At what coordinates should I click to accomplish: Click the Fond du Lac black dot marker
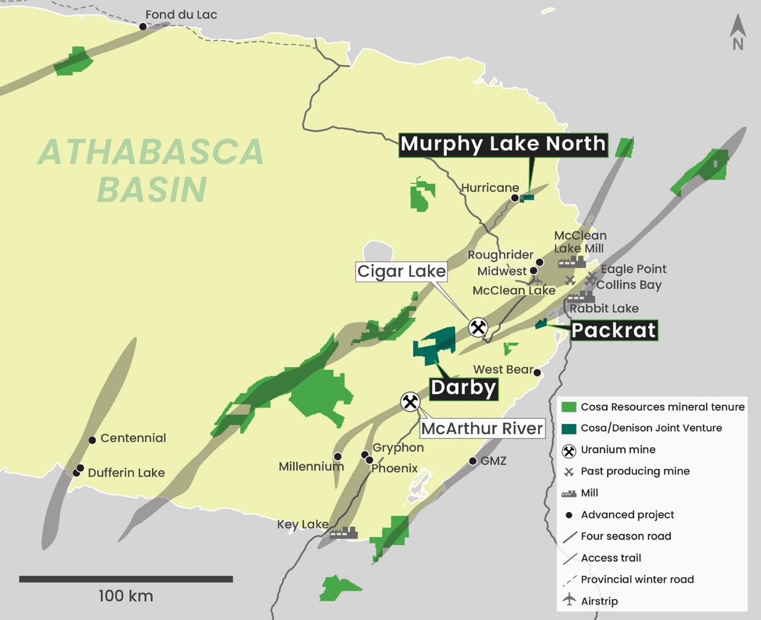pos(143,27)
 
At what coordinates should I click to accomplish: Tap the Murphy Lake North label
pos(503,144)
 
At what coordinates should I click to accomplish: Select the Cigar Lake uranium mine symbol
pos(478,327)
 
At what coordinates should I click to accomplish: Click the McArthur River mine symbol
pos(410,402)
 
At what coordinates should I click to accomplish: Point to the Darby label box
pos(463,387)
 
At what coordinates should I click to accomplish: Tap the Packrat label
pos(613,330)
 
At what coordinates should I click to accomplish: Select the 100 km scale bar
pos(126,579)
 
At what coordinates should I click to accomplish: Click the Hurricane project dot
pos(515,198)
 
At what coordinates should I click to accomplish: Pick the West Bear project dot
pos(537,373)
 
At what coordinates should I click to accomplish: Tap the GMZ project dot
pos(473,461)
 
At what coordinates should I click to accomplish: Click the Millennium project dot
pos(338,457)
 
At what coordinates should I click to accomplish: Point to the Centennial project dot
pos(92,440)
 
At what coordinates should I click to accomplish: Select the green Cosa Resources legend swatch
pos(569,407)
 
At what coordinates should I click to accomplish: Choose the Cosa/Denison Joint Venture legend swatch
pos(569,428)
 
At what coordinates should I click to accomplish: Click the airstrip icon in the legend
pos(569,600)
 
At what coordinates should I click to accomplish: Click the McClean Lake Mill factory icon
pos(571,262)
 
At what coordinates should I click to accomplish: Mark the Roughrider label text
pos(500,255)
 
